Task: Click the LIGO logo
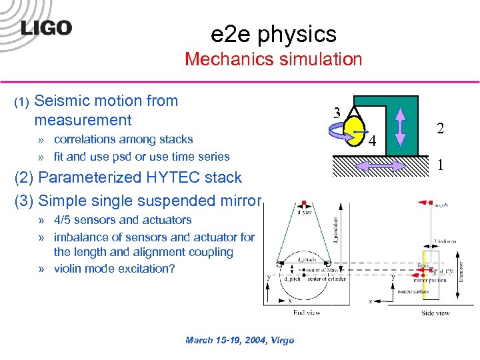[46, 27]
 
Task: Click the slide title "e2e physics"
[273, 33]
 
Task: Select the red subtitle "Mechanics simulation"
[273, 59]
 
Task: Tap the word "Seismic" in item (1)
[61, 101]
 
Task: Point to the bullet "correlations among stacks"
[123, 139]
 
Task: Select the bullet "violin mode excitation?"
[114, 269]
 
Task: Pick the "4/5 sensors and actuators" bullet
[123, 220]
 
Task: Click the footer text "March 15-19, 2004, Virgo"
[239, 340]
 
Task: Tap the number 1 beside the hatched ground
[439, 163]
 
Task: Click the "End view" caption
[307, 311]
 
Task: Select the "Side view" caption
[435, 312]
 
